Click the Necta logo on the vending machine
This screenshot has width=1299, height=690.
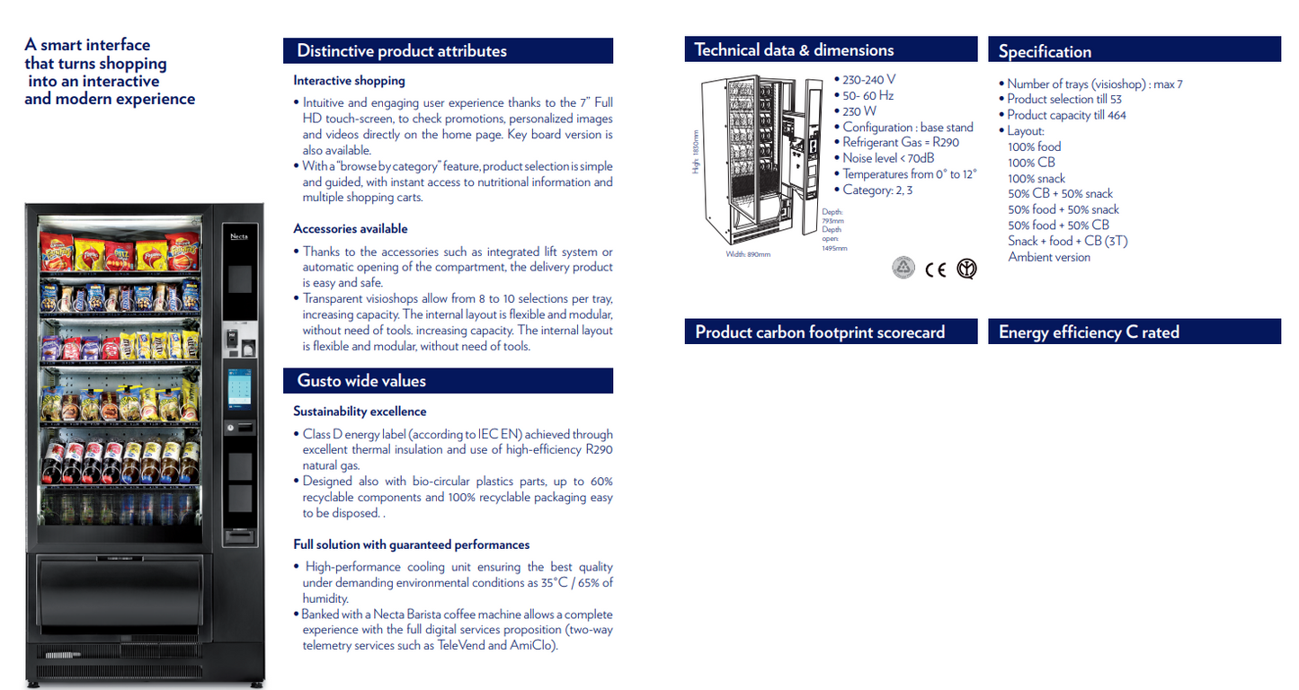(239, 236)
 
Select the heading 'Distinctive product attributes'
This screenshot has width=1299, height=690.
(402, 51)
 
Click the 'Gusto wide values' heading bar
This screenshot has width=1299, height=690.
(361, 381)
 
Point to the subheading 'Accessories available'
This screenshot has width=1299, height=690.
(351, 229)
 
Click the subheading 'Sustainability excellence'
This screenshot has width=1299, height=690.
(360, 411)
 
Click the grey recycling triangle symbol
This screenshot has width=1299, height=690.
(903, 268)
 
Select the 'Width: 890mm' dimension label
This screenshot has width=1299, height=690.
(748, 254)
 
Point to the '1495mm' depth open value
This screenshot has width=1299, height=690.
(834, 248)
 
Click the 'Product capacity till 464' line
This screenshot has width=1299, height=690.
(1066, 115)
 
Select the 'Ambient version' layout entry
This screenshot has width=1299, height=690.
(1049, 257)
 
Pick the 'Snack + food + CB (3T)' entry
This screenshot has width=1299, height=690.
(1068, 241)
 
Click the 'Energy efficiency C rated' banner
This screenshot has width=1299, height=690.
(1089, 332)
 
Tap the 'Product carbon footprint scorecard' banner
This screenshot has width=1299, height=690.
(820, 332)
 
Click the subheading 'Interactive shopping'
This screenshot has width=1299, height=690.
(349, 81)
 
